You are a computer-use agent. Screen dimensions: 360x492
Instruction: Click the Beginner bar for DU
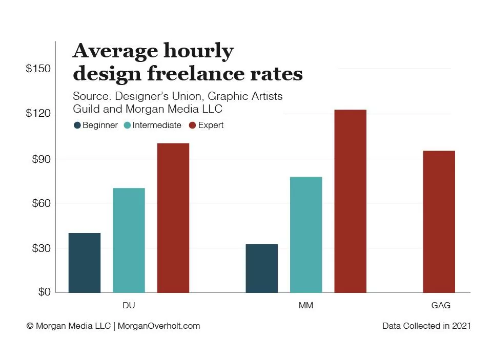[x=85, y=263]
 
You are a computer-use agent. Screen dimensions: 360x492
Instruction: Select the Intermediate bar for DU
[x=129, y=240]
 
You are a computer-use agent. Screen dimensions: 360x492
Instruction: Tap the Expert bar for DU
[x=173, y=218]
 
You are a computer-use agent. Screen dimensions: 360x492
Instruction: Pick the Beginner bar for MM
[x=262, y=268]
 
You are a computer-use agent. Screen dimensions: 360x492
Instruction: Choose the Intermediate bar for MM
[x=306, y=235]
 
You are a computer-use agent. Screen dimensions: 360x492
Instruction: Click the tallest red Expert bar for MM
[x=351, y=201]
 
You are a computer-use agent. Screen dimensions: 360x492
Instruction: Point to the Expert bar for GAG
[x=439, y=221]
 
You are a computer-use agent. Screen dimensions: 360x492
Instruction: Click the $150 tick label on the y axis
[x=38, y=69]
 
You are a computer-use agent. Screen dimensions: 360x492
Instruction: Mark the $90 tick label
[x=42, y=159]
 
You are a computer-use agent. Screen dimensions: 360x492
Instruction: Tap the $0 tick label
[x=45, y=292]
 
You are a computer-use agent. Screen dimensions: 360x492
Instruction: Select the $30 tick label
[x=42, y=248]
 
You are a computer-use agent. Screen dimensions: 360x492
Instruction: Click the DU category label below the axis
[x=129, y=306]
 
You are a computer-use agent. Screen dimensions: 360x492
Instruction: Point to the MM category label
[x=306, y=306]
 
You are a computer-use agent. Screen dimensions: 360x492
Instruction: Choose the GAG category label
[x=441, y=306]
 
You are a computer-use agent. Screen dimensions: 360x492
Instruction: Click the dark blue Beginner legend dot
[x=77, y=125]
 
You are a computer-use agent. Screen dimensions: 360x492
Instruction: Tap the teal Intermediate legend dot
[x=128, y=125]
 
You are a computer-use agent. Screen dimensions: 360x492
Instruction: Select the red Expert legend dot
[x=193, y=125]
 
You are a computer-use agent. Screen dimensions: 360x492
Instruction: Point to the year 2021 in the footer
[x=461, y=326]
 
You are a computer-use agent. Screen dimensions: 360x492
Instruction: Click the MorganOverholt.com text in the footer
[x=159, y=326]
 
